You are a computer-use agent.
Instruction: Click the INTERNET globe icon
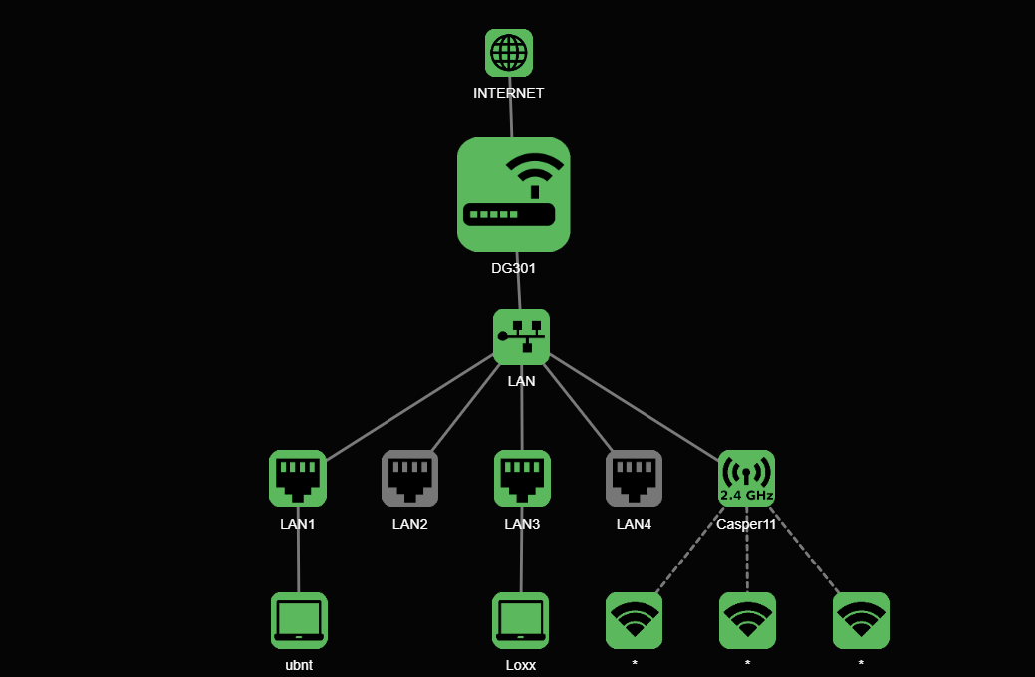point(509,53)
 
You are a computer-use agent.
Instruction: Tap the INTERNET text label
point(509,93)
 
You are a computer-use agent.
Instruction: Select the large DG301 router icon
point(514,194)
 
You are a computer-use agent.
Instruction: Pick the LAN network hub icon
point(521,337)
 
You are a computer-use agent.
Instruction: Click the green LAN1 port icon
point(298,479)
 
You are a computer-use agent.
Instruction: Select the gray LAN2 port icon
point(409,479)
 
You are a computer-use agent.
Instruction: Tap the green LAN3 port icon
point(522,479)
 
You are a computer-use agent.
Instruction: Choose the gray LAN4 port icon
point(634,479)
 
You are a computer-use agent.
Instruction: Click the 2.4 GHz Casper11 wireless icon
point(746,479)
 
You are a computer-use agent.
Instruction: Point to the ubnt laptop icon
point(299,620)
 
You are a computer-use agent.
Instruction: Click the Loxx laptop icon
point(520,620)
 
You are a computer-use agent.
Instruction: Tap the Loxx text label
point(520,665)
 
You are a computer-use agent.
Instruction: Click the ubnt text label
point(299,665)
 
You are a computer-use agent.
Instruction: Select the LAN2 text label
point(409,524)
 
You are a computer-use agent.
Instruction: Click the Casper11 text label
point(746,524)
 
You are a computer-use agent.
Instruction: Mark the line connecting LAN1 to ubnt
point(298,563)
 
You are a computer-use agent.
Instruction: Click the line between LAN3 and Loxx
point(521,563)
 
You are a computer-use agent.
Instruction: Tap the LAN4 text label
point(634,524)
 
